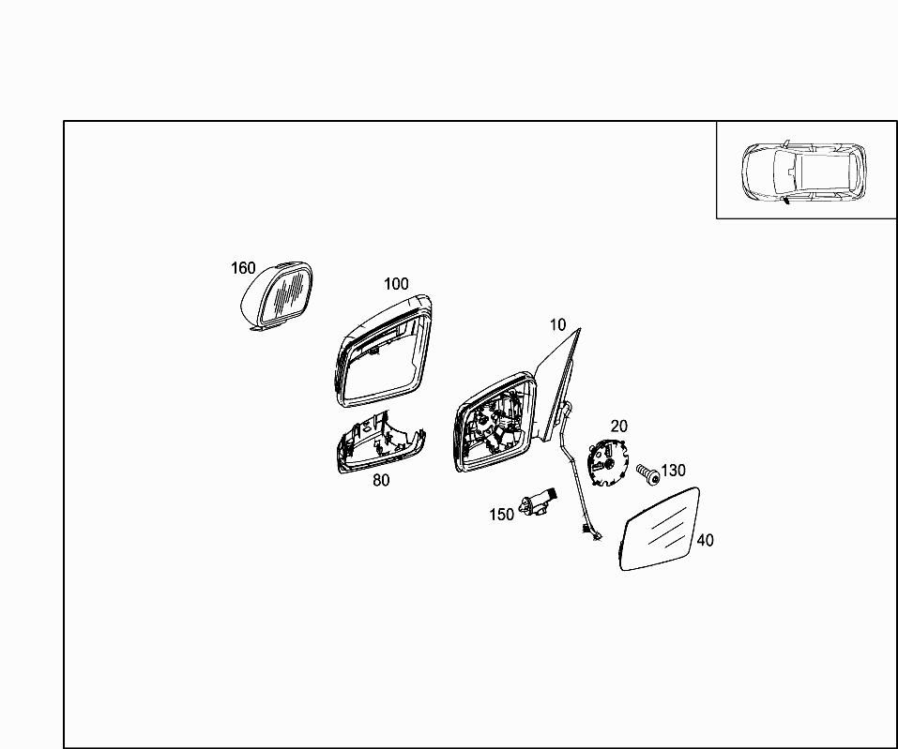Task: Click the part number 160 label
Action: tap(243, 268)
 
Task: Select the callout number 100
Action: tap(396, 284)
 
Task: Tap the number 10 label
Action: tap(557, 325)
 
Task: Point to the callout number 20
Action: tap(618, 427)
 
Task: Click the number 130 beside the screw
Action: tap(673, 471)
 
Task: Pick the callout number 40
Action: tap(705, 540)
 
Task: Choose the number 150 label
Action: tap(502, 515)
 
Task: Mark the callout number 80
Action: tap(381, 481)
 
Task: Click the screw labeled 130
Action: tap(648, 473)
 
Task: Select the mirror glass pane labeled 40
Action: tap(660, 530)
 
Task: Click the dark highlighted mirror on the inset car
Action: tap(784, 200)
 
